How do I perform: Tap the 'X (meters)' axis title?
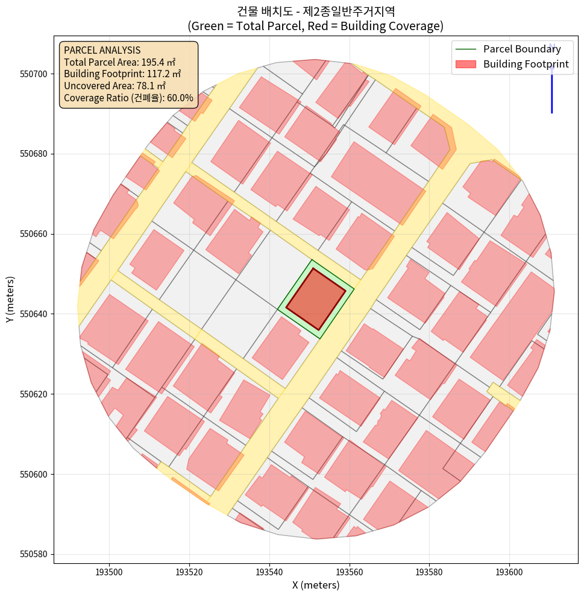click(316, 585)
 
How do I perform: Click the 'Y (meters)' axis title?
click(10, 300)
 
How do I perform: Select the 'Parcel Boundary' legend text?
click(522, 49)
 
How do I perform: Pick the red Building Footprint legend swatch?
click(466, 65)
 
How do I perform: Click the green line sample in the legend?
click(466, 49)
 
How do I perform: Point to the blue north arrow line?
click(551, 90)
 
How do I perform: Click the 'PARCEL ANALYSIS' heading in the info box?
click(102, 51)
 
